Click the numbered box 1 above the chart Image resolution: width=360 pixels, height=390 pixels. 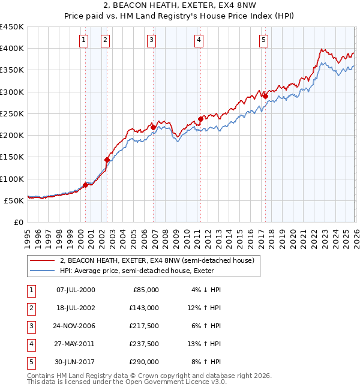(x=83, y=40)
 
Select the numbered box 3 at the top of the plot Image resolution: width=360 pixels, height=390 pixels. (x=151, y=40)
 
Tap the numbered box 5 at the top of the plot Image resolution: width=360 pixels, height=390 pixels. (x=264, y=40)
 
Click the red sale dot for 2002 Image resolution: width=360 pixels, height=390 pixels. (x=107, y=160)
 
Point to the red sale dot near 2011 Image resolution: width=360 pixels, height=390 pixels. (x=200, y=119)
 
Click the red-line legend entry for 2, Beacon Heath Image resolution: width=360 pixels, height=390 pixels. (x=157, y=260)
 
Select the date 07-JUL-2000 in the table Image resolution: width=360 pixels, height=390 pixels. (x=76, y=290)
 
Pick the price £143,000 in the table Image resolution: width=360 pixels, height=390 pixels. (x=144, y=308)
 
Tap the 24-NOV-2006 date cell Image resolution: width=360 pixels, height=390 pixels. (x=76, y=326)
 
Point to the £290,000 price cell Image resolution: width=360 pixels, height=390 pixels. (x=144, y=362)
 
